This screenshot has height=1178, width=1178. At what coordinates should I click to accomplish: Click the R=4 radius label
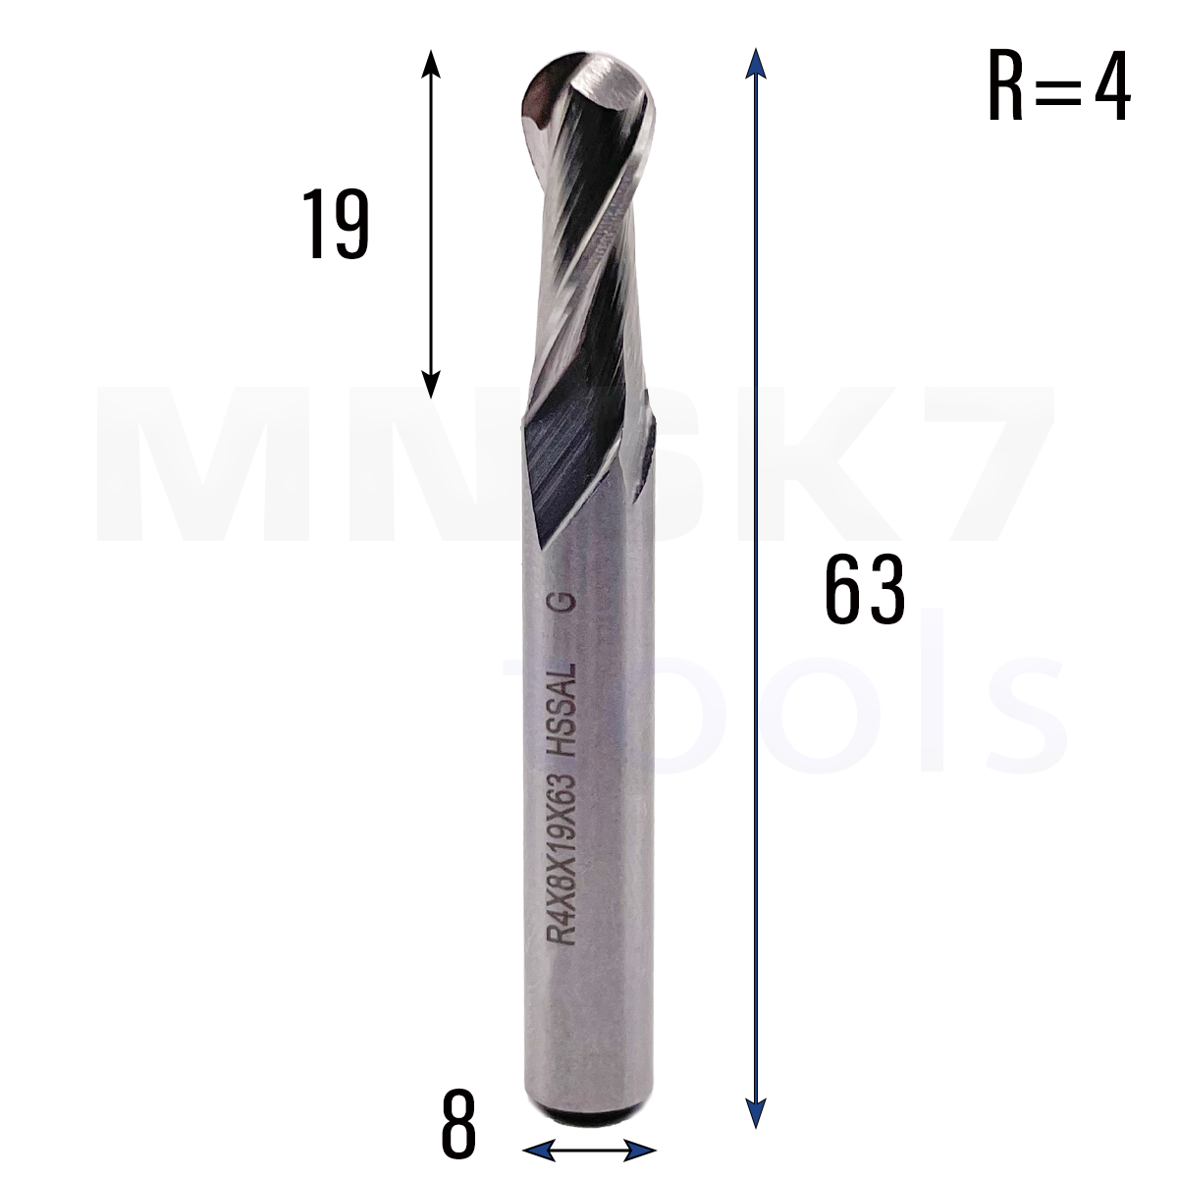click(1059, 86)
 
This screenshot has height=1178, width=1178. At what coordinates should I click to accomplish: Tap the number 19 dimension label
click(336, 224)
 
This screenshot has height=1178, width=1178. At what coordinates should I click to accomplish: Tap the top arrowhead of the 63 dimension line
click(756, 63)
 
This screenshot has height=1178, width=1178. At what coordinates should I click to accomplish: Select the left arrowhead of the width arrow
click(538, 1151)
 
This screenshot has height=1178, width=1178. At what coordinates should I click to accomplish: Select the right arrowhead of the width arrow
click(641, 1151)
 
